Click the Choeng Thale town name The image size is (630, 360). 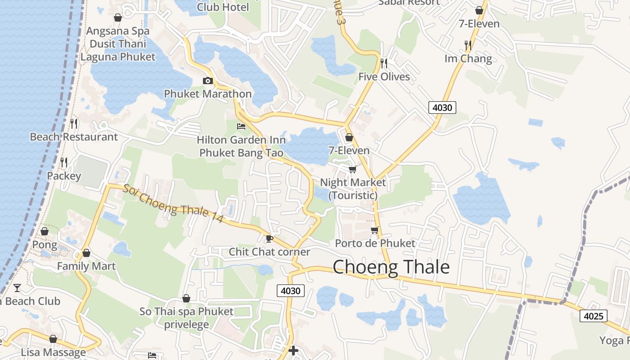pos(391,267)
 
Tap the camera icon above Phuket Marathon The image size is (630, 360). pos(207,81)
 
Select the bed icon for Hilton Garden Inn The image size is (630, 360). pos(241,126)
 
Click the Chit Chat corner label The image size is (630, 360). pos(270,252)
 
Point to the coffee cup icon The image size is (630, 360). pos(270,238)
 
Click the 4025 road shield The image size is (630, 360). pos(593,316)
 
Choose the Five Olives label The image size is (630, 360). pos(384,76)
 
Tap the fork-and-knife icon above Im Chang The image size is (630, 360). pos(468,45)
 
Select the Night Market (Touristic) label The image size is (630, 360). pos(353,189)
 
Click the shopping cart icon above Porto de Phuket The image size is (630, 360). pos(374,230)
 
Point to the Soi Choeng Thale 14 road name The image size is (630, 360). pos(173,204)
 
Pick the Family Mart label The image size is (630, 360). pos(86,266)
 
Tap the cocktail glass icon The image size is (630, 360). pos(17,288)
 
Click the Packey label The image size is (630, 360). pos(64,176)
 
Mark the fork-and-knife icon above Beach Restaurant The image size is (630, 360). pos(74,123)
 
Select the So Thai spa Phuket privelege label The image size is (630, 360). pos(186,318)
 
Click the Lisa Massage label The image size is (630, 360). pos(53,352)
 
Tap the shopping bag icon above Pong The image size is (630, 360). pos(45,231)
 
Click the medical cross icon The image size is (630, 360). pos(293,350)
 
